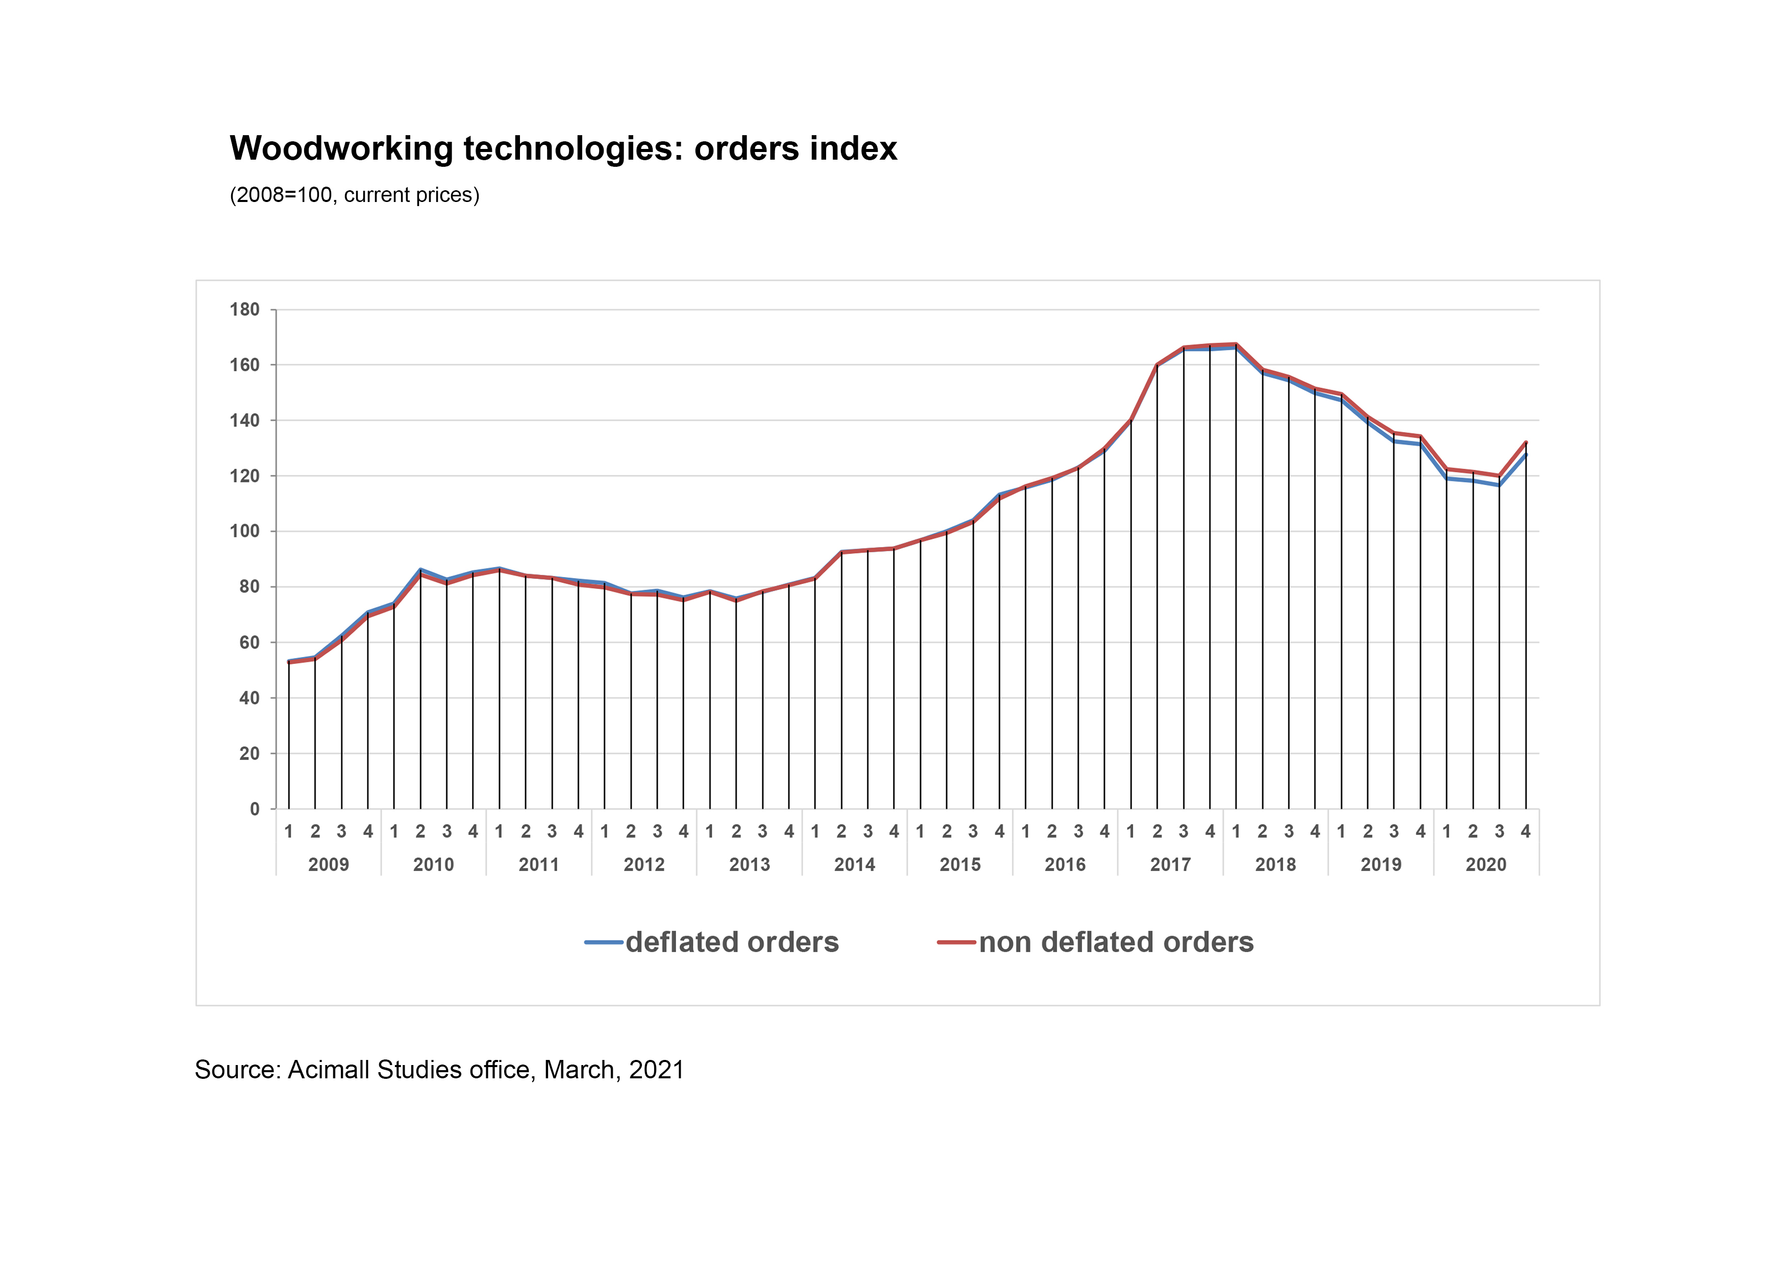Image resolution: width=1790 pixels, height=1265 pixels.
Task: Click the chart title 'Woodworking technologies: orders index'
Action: [563, 148]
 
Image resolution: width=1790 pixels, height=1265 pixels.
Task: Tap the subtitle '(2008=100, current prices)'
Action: [354, 195]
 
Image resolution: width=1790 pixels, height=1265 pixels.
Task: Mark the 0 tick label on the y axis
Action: [254, 809]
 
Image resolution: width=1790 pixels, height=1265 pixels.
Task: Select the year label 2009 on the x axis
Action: [328, 865]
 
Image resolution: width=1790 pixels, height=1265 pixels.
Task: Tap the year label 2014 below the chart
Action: [855, 865]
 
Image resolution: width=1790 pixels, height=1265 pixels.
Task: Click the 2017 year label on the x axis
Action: [1170, 865]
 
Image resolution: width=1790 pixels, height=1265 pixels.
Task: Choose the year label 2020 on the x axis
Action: [1486, 865]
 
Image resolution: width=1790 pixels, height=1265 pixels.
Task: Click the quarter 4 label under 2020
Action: [1526, 831]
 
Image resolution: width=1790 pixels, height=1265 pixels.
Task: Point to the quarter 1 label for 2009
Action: [288, 831]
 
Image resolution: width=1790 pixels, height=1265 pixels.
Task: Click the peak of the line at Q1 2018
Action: [1236, 344]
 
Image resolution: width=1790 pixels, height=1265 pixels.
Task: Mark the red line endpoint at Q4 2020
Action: [1526, 442]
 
